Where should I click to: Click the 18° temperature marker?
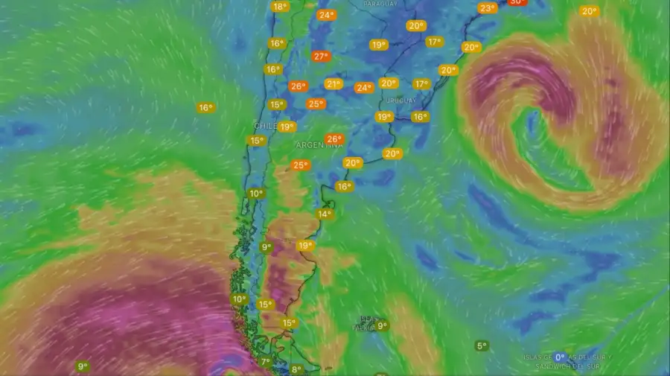tap(280, 7)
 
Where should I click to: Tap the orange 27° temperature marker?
tap(321, 57)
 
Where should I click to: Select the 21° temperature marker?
tap(334, 84)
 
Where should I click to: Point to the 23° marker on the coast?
tap(488, 8)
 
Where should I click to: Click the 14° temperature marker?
tap(325, 214)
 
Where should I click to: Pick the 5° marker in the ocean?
tap(482, 345)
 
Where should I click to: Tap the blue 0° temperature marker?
tap(560, 357)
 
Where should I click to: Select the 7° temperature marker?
tap(266, 363)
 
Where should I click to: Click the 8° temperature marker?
tap(296, 369)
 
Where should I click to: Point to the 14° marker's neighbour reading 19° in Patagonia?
tap(305, 246)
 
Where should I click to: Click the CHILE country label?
tap(266, 126)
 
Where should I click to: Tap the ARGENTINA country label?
tap(320, 145)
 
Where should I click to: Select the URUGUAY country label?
tap(401, 101)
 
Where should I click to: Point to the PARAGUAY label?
tap(380, 4)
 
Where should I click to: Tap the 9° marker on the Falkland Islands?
tap(382, 325)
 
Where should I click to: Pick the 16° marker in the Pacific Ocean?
tap(205, 108)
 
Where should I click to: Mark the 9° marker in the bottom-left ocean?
tap(83, 366)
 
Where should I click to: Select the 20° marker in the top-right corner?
tap(590, 11)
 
